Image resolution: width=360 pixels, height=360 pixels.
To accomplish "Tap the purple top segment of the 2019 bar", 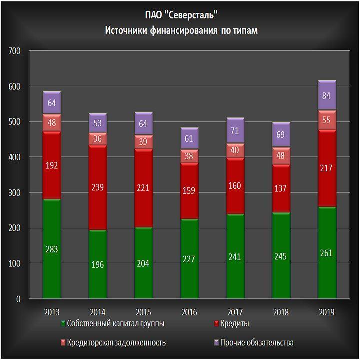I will pyautogui.click(x=327, y=95).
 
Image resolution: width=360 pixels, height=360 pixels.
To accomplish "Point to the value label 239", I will pyautogui.click(x=98, y=187).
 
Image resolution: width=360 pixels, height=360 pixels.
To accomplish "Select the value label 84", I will pyautogui.click(x=327, y=95).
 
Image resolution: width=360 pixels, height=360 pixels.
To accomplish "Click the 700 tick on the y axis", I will pyautogui.click(x=14, y=51).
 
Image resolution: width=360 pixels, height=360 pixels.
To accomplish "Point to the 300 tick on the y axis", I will pyautogui.click(x=14, y=193).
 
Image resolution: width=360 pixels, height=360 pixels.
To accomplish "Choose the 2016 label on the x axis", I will pyautogui.click(x=189, y=312).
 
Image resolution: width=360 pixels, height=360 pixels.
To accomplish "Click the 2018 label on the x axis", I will pyautogui.click(x=281, y=312).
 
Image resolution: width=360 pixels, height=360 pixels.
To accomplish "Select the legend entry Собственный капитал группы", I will pyautogui.click(x=115, y=324).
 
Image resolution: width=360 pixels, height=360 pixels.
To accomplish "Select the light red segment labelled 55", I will pyautogui.click(x=327, y=120).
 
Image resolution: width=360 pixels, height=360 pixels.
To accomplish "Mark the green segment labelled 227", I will pyautogui.click(x=189, y=258).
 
